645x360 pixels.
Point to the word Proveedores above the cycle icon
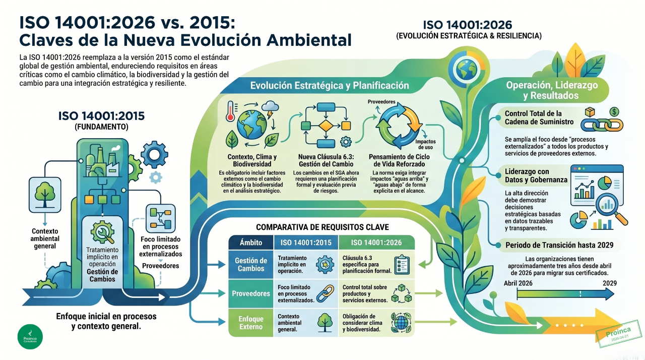381,102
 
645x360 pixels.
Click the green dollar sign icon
614,111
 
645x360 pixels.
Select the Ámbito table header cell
251,243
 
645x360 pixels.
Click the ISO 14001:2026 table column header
376,243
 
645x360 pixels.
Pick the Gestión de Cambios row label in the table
251,265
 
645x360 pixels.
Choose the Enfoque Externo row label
251,323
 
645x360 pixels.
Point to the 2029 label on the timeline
609,283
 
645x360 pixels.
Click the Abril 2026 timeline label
518,283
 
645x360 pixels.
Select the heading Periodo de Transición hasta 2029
559,245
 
